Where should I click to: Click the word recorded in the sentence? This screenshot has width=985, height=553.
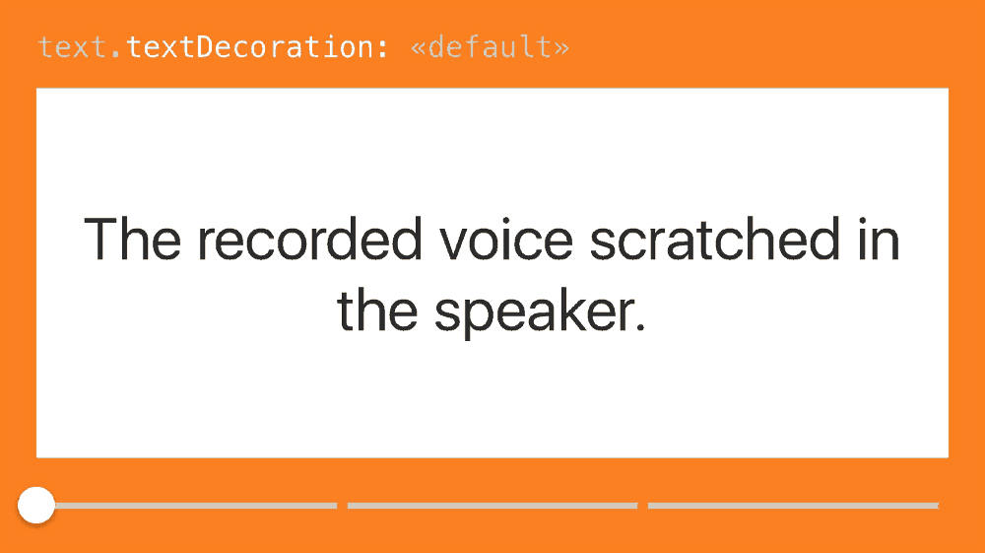tap(309, 239)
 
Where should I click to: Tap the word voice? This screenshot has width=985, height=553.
tap(505, 239)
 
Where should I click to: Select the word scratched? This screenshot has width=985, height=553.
tap(715, 239)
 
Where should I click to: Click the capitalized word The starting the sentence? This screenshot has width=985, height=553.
tap(132, 239)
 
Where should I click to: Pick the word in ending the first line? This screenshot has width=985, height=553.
tap(879, 239)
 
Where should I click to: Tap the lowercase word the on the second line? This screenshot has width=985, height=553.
tap(377, 310)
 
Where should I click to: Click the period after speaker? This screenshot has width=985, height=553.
tap(640, 326)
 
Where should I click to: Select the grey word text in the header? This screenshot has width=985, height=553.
tap(72, 47)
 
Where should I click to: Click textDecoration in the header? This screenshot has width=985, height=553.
tap(250, 47)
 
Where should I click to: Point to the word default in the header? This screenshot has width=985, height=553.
tap(490, 47)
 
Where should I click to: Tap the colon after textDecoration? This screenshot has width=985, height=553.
tap(382, 49)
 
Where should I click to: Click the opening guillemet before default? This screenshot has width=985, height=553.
tap(418, 48)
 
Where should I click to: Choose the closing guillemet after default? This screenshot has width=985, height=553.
tap(561, 48)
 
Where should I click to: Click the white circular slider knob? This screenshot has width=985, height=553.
tap(36, 506)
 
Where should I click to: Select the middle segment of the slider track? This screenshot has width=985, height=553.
tap(492, 506)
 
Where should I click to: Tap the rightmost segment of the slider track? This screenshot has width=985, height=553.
tap(793, 506)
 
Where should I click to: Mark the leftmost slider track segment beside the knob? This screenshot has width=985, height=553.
tap(196, 506)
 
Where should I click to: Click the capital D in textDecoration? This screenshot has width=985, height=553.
tap(205, 47)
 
